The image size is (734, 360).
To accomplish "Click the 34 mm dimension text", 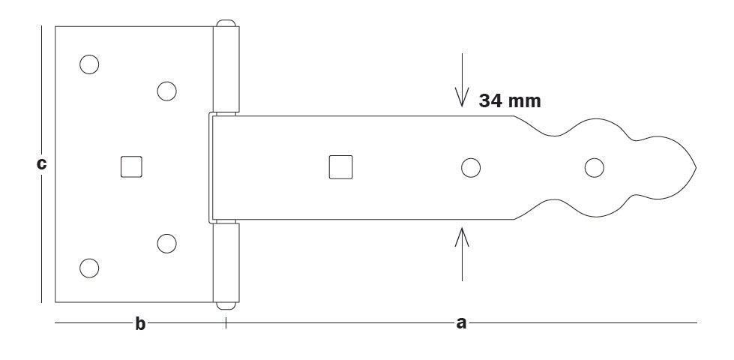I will (x=510, y=100).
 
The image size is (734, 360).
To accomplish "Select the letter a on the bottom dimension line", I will (x=461, y=323).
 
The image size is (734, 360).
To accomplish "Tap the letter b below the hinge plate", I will (x=139, y=324).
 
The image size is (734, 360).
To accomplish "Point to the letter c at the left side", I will (x=42, y=163).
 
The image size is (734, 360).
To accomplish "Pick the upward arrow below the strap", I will (x=462, y=253).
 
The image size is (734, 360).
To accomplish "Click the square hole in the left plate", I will (x=132, y=166).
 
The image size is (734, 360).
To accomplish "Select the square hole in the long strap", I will (x=340, y=167).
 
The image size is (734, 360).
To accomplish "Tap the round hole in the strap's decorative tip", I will (x=595, y=167).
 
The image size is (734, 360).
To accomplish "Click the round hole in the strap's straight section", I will (x=471, y=168).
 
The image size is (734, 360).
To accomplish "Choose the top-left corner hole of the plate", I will (x=88, y=65).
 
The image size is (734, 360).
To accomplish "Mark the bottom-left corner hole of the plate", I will (x=88, y=268).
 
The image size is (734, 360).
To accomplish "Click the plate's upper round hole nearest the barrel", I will (x=166, y=91).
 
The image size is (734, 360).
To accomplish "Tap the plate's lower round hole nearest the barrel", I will (x=166, y=243).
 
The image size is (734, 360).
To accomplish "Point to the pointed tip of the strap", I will (x=695, y=167).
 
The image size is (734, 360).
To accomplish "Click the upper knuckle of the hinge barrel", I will (x=226, y=69).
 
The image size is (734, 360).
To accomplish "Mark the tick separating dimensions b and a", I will (x=226, y=323).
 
